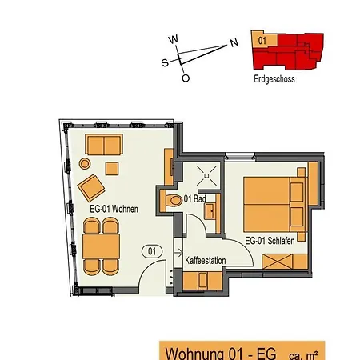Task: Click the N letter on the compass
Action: coord(233,44)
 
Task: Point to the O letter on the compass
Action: coord(186,78)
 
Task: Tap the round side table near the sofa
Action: coord(85,163)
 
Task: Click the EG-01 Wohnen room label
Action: coord(114,210)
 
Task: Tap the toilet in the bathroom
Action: coord(174,199)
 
